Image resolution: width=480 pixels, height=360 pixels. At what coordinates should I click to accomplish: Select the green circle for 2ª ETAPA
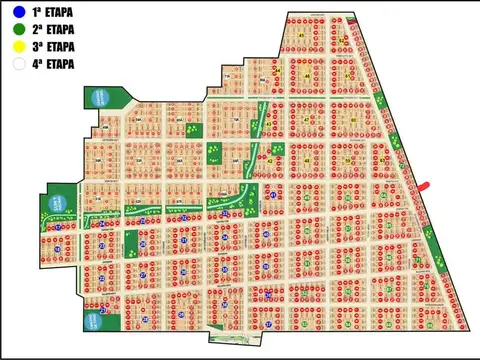[x=18, y=30]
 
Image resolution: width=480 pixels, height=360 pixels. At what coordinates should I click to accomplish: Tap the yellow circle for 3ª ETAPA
[x=18, y=47]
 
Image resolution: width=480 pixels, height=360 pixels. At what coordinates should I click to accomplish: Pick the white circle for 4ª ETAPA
[x=18, y=64]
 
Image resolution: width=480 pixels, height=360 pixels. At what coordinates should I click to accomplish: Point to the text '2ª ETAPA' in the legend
[x=53, y=30]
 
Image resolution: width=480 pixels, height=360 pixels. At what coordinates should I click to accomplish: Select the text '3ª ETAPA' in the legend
[x=53, y=47]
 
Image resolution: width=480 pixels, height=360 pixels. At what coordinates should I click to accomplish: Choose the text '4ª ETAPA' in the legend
[x=53, y=64]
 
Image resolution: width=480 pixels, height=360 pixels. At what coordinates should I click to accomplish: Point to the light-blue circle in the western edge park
[x=58, y=203]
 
